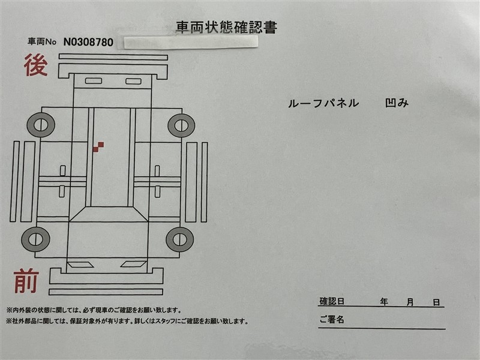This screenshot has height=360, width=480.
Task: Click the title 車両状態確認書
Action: [227, 27]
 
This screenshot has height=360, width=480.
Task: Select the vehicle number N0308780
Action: [88, 42]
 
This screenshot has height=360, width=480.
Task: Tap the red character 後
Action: [36, 65]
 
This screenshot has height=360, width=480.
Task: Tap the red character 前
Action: [26, 281]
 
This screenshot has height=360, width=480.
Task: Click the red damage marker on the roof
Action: [98, 147]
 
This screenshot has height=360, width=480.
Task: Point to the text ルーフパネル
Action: [323, 103]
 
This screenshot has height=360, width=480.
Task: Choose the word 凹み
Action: [397, 103]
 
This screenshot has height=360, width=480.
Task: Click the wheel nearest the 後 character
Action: [41, 125]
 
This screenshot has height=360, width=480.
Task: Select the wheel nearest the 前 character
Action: [35, 239]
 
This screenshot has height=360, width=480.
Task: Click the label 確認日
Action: [332, 301]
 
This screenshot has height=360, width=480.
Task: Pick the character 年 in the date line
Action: [384, 302]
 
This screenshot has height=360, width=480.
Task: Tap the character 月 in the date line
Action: [410, 302]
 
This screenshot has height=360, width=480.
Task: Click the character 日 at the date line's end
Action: [436, 302]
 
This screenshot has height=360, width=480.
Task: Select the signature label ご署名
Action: [332, 319]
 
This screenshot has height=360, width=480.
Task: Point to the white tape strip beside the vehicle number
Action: [191, 42]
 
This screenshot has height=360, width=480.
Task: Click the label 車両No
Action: [42, 41]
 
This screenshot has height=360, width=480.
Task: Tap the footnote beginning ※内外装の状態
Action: [94, 310]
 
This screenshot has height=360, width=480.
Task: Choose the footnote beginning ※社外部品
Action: [127, 322]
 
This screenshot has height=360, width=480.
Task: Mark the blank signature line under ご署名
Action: [382, 328]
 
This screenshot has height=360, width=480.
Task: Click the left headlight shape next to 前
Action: [80, 265]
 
